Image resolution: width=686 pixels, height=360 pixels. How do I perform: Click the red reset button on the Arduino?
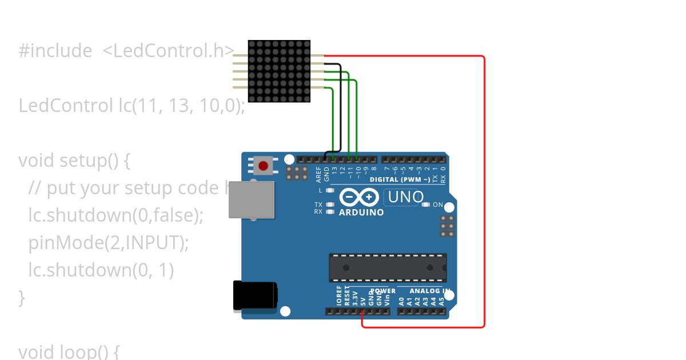pyautogui.click(x=263, y=166)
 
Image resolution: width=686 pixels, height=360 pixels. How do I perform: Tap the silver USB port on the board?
pyautogui.click(x=252, y=199)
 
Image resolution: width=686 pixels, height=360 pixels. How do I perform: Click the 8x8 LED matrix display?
pyautogui.click(x=280, y=71)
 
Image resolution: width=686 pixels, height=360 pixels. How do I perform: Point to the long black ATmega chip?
pyautogui.click(x=388, y=267)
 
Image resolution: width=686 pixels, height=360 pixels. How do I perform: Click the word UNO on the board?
pyautogui.click(x=406, y=198)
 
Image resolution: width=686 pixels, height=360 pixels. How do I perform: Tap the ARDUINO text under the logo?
pyautogui.click(x=361, y=213)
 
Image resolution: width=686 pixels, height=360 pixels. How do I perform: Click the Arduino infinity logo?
pyautogui.click(x=359, y=197)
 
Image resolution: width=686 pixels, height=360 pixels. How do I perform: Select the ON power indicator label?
pyautogui.click(x=438, y=205)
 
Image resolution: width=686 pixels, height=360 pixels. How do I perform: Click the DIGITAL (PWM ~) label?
pyautogui.click(x=400, y=179)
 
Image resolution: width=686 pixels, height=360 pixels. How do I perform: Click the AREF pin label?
pyautogui.click(x=319, y=173)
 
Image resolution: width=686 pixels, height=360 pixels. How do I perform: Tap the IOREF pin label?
pyautogui.click(x=339, y=296)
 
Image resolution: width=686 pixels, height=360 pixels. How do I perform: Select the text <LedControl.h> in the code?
pyautogui.click(x=168, y=51)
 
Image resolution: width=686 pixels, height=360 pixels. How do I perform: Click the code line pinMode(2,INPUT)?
pyautogui.click(x=109, y=243)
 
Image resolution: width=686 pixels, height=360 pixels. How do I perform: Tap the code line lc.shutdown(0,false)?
pyautogui.click(x=116, y=215)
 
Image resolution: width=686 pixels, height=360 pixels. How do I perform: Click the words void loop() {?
pyautogui.click(x=69, y=351)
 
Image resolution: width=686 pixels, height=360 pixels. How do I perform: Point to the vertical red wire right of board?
pyautogui.click(x=485, y=191)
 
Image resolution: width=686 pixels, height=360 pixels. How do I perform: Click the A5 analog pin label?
pyautogui.click(x=441, y=301)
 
